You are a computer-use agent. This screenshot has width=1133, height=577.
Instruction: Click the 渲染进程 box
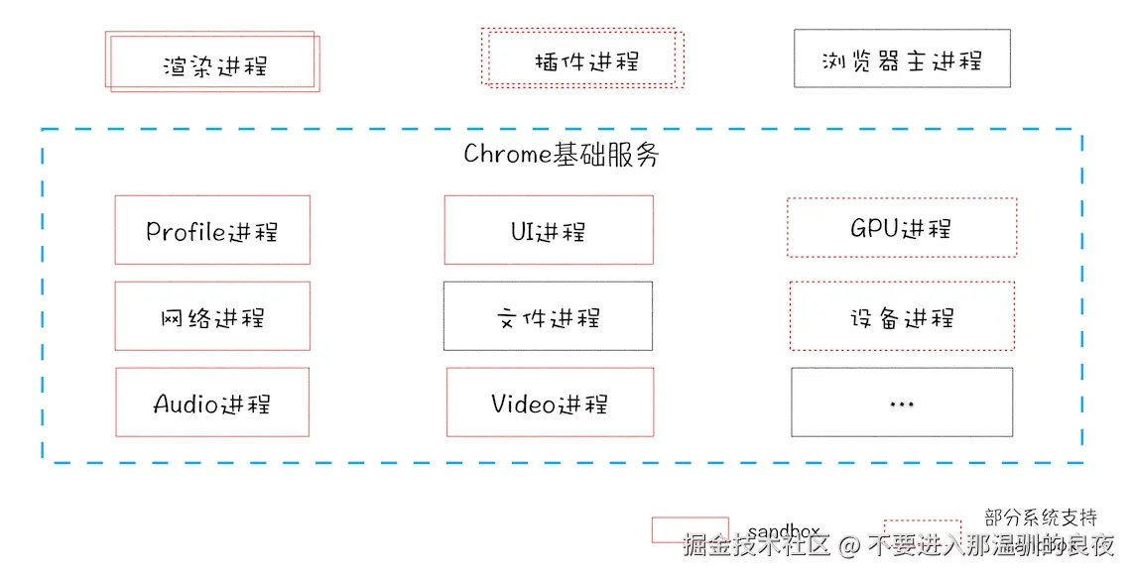click(x=212, y=61)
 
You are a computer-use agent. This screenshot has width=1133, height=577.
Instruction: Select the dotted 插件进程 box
click(x=582, y=59)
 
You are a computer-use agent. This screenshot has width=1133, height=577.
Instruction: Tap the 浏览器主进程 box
click(x=902, y=58)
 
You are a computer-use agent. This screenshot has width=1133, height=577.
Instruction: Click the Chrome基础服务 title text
click(x=562, y=156)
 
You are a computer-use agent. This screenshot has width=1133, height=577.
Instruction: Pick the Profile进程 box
click(x=212, y=230)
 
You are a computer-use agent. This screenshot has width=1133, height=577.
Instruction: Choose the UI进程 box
click(x=549, y=230)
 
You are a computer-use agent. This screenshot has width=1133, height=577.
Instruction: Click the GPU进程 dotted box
click(x=902, y=228)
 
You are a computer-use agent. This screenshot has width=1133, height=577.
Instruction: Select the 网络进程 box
click(x=212, y=316)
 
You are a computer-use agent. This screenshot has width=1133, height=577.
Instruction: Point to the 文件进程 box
click(x=548, y=316)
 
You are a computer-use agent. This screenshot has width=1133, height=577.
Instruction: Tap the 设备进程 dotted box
click(x=902, y=316)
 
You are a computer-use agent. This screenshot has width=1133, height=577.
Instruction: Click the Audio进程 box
click(x=212, y=403)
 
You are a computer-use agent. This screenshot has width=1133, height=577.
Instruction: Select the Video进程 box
click(x=550, y=403)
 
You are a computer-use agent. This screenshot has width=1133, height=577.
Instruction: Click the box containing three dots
click(x=902, y=403)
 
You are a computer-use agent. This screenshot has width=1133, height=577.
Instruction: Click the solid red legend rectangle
click(x=690, y=529)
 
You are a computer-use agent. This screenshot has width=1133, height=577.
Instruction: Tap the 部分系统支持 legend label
click(x=1041, y=517)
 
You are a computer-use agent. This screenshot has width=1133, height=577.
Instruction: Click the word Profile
click(x=186, y=231)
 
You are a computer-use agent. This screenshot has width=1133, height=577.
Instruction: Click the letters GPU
click(x=874, y=228)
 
